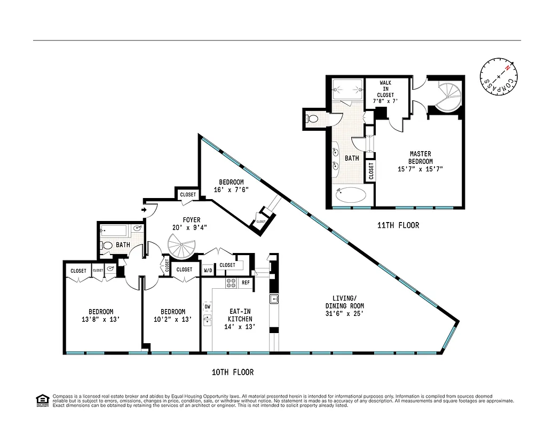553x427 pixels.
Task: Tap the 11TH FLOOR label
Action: (x=398, y=225)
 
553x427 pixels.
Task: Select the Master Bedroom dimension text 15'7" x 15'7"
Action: (x=420, y=169)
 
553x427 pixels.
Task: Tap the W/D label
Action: (x=207, y=270)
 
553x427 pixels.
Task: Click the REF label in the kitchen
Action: (x=246, y=282)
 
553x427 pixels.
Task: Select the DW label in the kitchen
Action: (x=207, y=306)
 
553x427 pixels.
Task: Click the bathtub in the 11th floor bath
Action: (x=350, y=195)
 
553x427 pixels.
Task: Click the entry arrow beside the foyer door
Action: (x=144, y=210)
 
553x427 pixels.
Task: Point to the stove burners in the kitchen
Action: (x=231, y=283)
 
